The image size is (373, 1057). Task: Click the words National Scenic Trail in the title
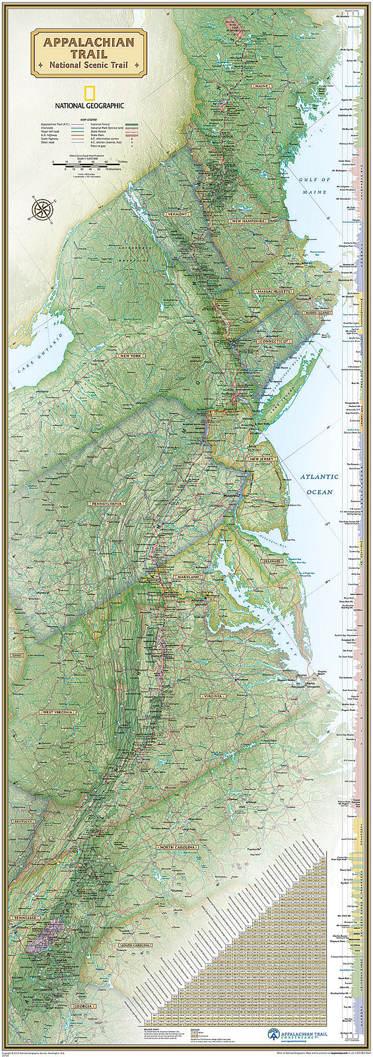coord(88,65)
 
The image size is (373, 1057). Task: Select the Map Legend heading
coord(88,120)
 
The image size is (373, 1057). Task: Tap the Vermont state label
coord(178,215)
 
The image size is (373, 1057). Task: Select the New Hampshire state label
coord(249,221)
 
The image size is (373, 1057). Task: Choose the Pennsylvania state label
coord(125,503)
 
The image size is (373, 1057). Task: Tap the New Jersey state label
coord(261,458)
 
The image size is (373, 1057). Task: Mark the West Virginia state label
coord(58,712)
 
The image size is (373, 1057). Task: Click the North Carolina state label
coord(177,847)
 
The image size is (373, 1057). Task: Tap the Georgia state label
coord(81,1006)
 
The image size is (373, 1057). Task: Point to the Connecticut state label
coord(274,341)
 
